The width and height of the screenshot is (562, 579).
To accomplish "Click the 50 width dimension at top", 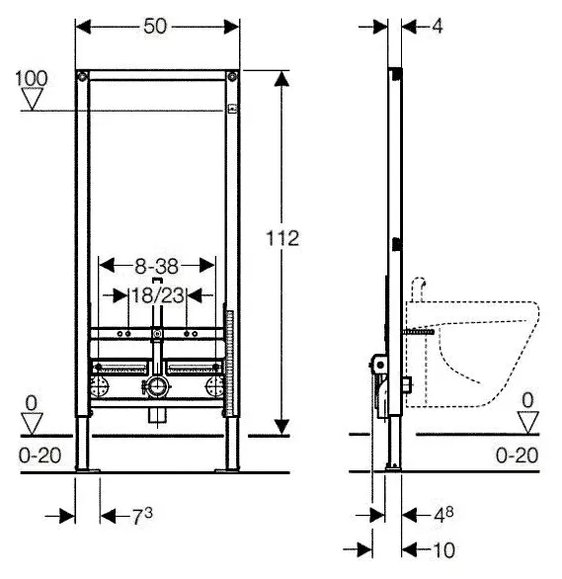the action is click(x=155, y=27).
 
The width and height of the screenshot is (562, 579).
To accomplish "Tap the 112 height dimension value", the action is click(x=282, y=238).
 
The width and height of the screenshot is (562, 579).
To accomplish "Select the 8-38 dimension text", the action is click(x=156, y=266).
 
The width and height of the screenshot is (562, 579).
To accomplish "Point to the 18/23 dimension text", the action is click(x=158, y=295).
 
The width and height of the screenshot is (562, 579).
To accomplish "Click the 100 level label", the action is click(x=32, y=78).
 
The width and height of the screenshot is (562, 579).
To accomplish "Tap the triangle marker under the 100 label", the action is click(x=33, y=98).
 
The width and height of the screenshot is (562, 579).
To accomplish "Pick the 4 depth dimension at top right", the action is click(x=438, y=27).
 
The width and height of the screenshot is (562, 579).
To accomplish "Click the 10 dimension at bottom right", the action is click(x=443, y=550).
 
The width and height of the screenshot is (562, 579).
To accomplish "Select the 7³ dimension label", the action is click(x=142, y=516).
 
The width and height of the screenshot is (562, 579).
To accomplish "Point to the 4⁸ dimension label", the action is click(x=443, y=515).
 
